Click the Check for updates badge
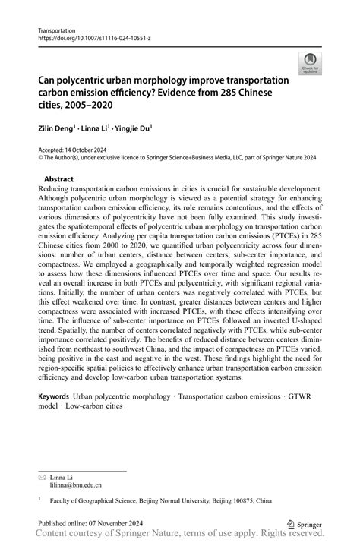click(310, 65)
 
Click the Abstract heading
click(58, 178)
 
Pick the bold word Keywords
click(53, 396)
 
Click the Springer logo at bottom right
click(304, 523)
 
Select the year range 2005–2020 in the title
click(95, 105)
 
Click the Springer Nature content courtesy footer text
click(180, 536)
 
